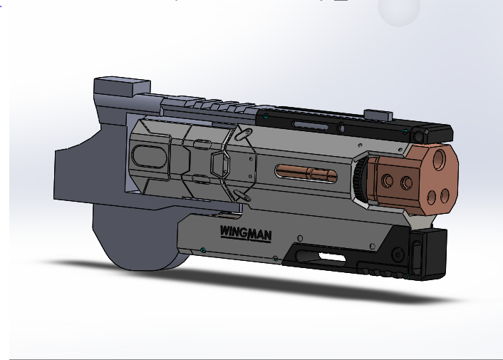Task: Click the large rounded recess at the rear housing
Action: [x=148, y=155]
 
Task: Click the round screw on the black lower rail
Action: [x=398, y=254]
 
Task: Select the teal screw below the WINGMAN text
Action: [x=204, y=250]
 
